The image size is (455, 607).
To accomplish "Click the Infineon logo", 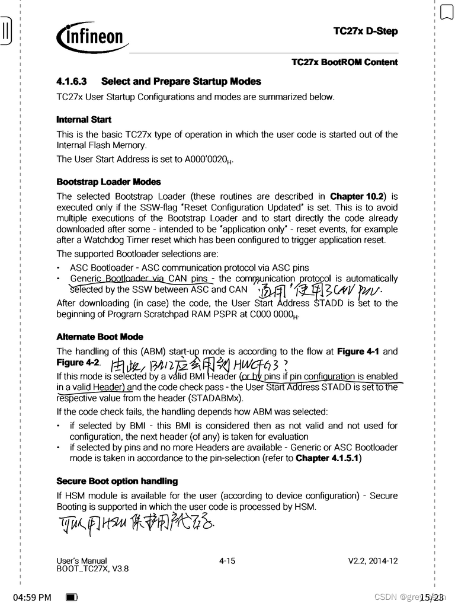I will [x=92, y=37].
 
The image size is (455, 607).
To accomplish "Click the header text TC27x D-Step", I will [x=366, y=31].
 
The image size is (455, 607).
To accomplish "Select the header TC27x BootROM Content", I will [x=344, y=62].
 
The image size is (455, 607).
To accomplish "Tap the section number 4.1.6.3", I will [x=72, y=81].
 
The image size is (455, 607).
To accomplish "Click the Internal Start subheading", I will [x=84, y=120].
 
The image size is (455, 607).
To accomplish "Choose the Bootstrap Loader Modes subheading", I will [x=108, y=182].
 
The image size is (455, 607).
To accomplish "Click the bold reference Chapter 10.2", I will [x=358, y=196].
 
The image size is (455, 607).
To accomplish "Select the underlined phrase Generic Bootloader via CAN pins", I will [x=139, y=279].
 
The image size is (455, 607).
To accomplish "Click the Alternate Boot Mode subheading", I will [x=100, y=337].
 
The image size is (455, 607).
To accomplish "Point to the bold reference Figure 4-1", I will [x=361, y=352].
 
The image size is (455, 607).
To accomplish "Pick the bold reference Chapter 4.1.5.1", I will [x=328, y=458].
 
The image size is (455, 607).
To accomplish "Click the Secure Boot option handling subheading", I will [x=117, y=481].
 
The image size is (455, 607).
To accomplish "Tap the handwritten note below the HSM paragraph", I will [x=139, y=524].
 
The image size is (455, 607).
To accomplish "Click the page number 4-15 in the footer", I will [x=227, y=560].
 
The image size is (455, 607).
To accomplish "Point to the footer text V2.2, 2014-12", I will [x=373, y=560].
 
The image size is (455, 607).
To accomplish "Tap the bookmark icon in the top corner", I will [x=446, y=12].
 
